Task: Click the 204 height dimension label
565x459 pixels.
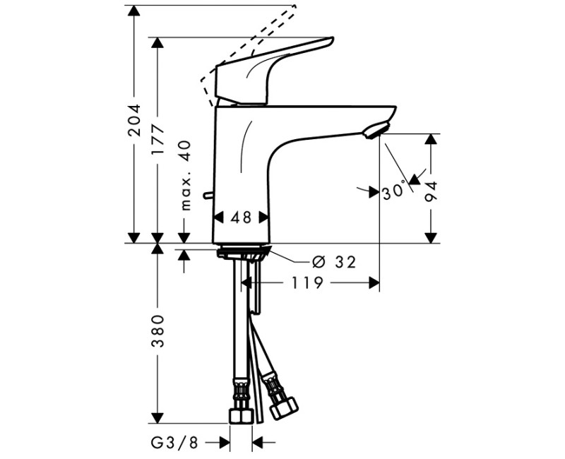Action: [x=134, y=120]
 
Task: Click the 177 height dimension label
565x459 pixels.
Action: [x=157, y=140]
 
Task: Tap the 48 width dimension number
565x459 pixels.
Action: [x=241, y=217]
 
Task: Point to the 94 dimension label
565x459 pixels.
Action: [x=431, y=191]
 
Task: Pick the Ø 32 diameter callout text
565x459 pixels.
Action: [x=334, y=262]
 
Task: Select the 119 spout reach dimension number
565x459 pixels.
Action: [x=307, y=283]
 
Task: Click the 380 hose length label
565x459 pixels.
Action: [x=157, y=330]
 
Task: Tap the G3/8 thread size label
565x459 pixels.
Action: [x=174, y=443]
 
